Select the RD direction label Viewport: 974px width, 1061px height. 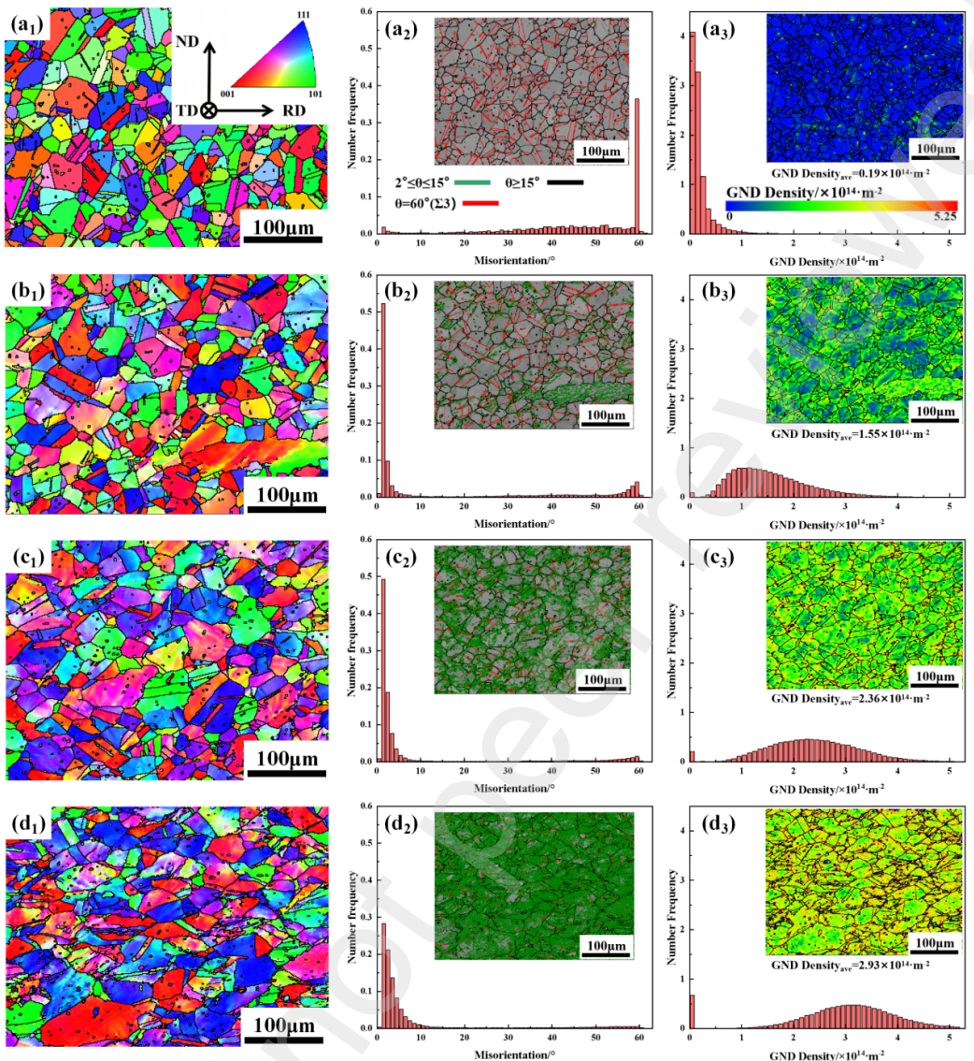pos(294,110)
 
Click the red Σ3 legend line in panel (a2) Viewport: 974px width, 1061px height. pos(478,202)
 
